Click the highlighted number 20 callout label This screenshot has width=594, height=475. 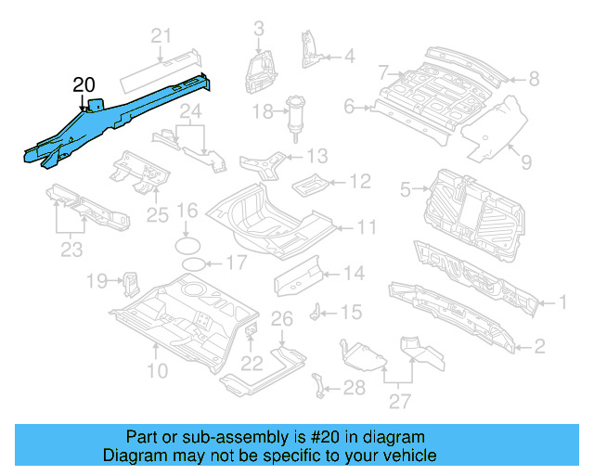pyautogui.click(x=84, y=85)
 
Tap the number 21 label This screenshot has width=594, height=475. pyautogui.click(x=162, y=37)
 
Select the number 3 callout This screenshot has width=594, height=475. pyautogui.click(x=258, y=29)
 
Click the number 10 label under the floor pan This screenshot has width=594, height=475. pyautogui.click(x=157, y=372)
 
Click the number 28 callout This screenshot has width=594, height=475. pyautogui.click(x=354, y=387)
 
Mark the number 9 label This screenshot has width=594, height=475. pyautogui.click(x=525, y=162)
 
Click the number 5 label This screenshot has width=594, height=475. pyautogui.click(x=405, y=189)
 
